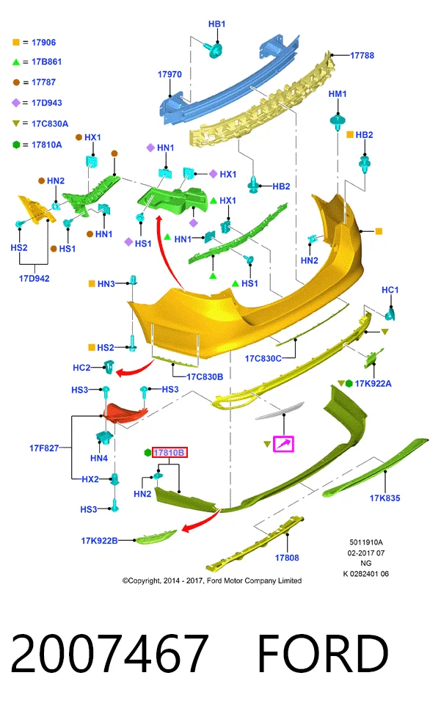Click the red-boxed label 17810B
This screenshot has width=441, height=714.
[170, 453]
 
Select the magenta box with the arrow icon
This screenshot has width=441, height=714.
[283, 444]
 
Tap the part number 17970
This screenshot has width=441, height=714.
[170, 74]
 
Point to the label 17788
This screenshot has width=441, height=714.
[362, 56]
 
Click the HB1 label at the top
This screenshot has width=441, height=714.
[216, 24]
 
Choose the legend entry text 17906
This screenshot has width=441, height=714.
[44, 43]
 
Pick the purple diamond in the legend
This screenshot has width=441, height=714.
[16, 103]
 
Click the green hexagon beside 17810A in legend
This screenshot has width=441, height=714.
[16, 145]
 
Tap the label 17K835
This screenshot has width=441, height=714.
[384, 498]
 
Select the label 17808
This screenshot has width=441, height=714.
[287, 558]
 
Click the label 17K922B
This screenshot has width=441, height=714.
[99, 541]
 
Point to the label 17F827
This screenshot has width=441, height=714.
[44, 448]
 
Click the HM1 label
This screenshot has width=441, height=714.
[338, 94]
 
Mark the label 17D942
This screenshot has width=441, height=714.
[34, 278]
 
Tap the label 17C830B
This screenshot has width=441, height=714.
[205, 377]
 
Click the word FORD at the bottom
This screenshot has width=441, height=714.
[323, 653]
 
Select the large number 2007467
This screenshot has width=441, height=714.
[109, 653]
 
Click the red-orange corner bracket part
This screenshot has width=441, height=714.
[124, 412]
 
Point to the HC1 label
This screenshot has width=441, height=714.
[390, 290]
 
